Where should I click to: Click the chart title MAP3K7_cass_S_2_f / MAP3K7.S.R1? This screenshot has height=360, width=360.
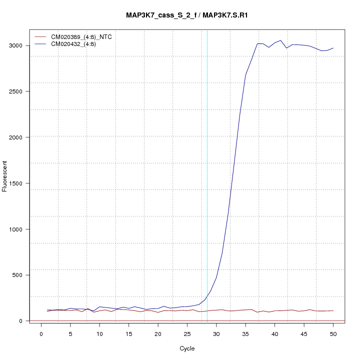187,15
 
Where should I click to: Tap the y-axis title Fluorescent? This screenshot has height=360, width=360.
5,176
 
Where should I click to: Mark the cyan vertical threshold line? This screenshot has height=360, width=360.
207,175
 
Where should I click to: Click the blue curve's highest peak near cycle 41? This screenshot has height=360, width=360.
280,40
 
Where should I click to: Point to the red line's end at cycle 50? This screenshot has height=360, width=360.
333,310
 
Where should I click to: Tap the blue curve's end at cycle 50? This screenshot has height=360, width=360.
333,48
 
